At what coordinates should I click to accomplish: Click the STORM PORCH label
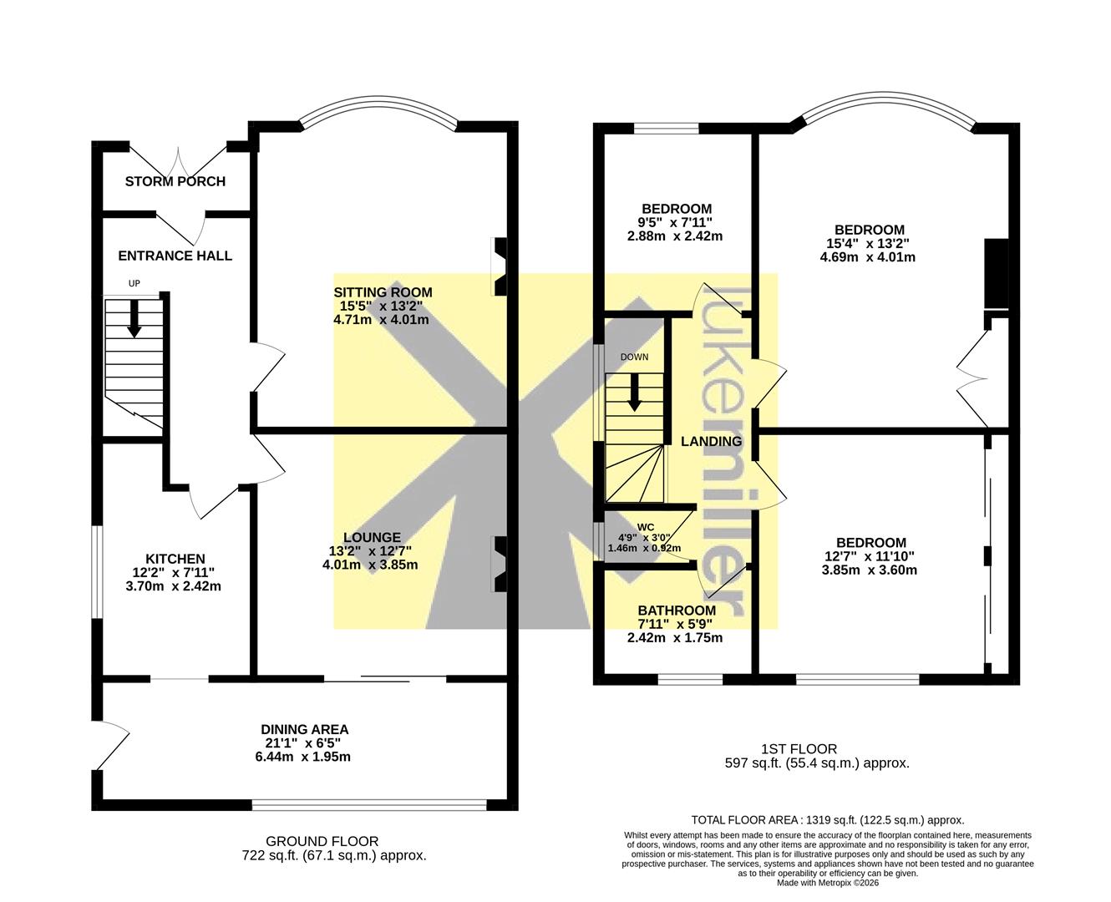pyautogui.click(x=175, y=181)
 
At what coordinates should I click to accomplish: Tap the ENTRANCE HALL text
pyautogui.click(x=175, y=256)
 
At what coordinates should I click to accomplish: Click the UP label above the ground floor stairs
pyautogui.click(x=134, y=284)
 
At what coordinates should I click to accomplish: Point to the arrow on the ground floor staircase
pyautogui.click(x=134, y=318)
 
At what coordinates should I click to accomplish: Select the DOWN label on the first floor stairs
pyautogui.click(x=634, y=357)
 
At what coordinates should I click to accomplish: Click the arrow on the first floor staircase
pyautogui.click(x=635, y=393)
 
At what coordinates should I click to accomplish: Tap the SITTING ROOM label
pyautogui.click(x=383, y=292)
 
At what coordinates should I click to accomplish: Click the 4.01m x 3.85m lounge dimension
pyautogui.click(x=370, y=565)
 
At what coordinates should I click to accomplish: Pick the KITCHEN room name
pyautogui.click(x=175, y=559)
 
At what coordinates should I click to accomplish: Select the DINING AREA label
pyautogui.click(x=305, y=729)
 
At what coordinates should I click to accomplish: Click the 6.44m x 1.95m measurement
pyautogui.click(x=303, y=757)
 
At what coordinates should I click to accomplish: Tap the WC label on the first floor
pyautogui.click(x=645, y=527)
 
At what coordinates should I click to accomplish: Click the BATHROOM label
pyautogui.click(x=677, y=611)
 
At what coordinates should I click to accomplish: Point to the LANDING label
pyautogui.click(x=712, y=442)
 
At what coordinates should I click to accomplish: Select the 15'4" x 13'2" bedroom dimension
pyautogui.click(x=868, y=244)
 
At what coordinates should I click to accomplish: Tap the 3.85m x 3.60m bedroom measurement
pyautogui.click(x=869, y=570)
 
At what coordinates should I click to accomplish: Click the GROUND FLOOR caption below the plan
pyautogui.click(x=322, y=841)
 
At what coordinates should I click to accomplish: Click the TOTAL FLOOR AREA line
pyautogui.click(x=828, y=820)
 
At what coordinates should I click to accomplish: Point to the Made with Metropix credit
pyautogui.click(x=828, y=883)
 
